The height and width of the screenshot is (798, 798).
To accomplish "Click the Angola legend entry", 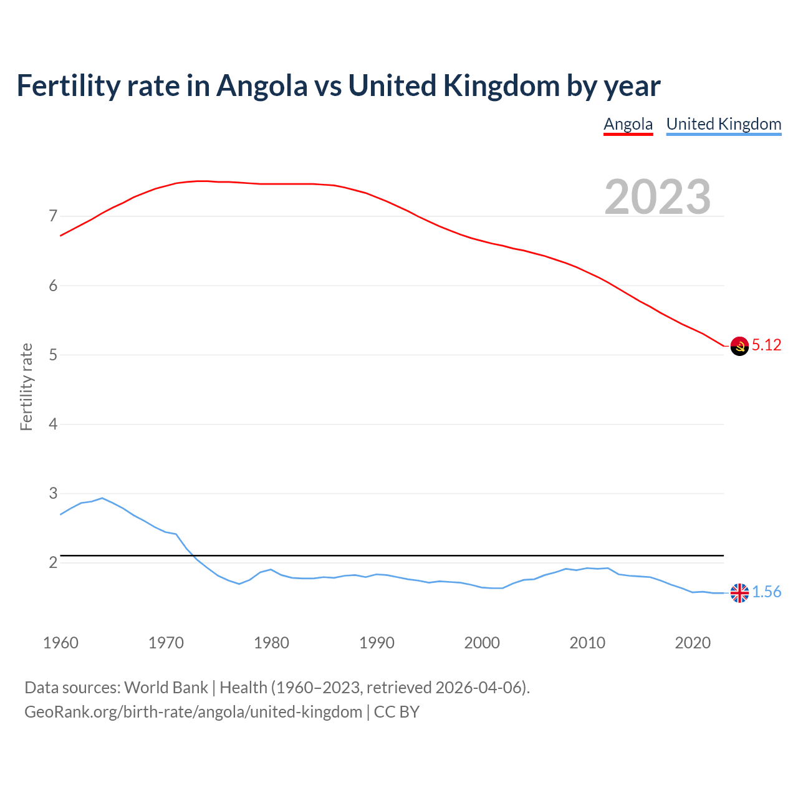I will pyautogui.click(x=628, y=124).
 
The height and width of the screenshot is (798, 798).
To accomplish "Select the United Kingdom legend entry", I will pyautogui.click(x=723, y=124).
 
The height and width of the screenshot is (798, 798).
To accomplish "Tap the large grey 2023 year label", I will pyautogui.click(x=658, y=196).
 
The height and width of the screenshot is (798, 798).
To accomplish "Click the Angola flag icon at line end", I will pyautogui.click(x=739, y=346).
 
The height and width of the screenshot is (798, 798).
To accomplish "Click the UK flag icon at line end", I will pyautogui.click(x=739, y=593).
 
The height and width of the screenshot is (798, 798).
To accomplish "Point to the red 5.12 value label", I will pyautogui.click(x=766, y=345).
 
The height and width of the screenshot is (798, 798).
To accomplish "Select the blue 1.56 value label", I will pyautogui.click(x=766, y=592).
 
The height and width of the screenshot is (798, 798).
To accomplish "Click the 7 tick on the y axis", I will pyautogui.click(x=53, y=216).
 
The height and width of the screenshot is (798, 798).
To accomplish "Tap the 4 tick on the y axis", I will pyautogui.click(x=53, y=424).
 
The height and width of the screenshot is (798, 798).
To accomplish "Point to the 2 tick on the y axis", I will pyautogui.click(x=53, y=563).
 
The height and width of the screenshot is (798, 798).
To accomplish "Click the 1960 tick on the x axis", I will pyautogui.click(x=60, y=643).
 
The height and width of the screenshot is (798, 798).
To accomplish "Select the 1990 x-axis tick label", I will pyautogui.click(x=377, y=643).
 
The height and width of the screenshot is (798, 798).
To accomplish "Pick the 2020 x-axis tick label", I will pyautogui.click(x=693, y=643).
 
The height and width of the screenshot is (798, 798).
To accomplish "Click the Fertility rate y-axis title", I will pyautogui.click(x=26, y=387).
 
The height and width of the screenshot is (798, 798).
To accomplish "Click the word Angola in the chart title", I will pyautogui.click(x=262, y=86).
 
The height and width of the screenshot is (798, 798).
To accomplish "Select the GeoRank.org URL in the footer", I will pyautogui.click(x=193, y=712).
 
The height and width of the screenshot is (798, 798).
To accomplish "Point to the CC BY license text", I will pyautogui.click(x=397, y=712).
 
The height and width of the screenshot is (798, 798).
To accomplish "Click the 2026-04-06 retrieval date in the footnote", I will pyautogui.click(x=478, y=688).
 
